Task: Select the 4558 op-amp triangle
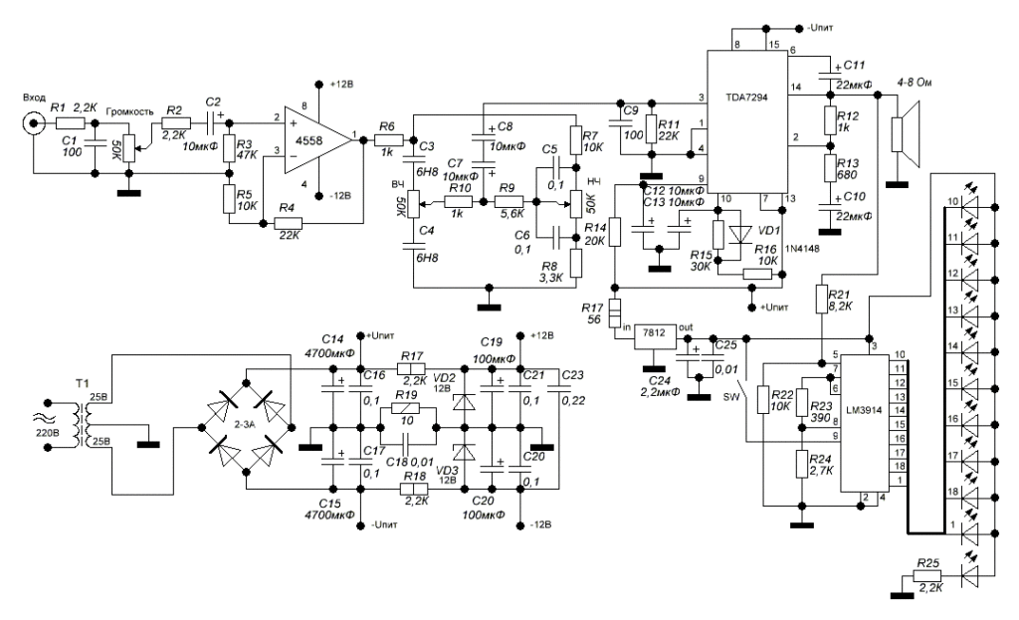(x=305, y=139)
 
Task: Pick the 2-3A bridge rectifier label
(x=252, y=422)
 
